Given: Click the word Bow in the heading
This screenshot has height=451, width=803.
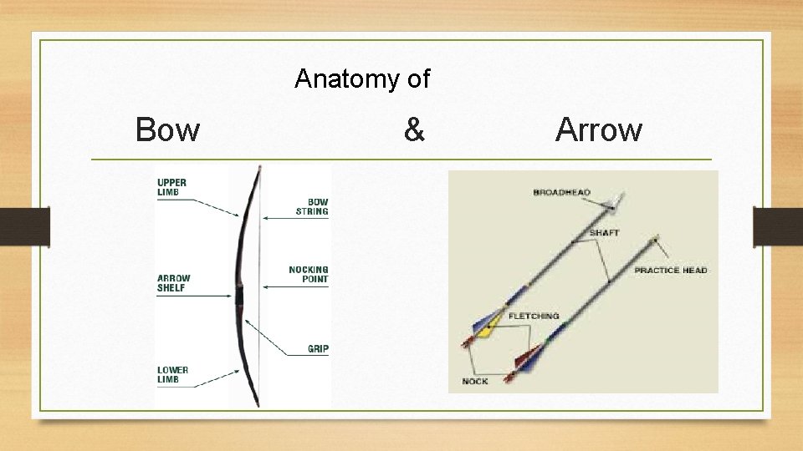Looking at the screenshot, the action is point(167,130).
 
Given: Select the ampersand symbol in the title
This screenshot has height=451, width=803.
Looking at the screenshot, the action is point(413,130).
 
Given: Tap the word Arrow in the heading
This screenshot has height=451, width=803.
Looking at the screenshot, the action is point(598,130).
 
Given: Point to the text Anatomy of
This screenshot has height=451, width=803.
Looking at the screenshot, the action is point(362,79).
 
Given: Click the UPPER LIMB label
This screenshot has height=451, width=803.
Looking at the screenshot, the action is point(172,188).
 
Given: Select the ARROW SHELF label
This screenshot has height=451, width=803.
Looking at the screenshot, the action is point(174,283).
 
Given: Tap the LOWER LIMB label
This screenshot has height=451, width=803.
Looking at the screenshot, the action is point(172,375).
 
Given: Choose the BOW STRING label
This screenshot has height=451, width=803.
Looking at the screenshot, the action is point(312,206).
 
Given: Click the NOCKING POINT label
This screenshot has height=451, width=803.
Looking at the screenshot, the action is point(309,274).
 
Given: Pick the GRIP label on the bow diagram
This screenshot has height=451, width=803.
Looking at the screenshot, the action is point(318,348).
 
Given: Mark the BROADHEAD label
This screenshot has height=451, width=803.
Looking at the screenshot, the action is point(561,193).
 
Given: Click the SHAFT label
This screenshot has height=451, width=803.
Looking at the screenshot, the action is point(604,233).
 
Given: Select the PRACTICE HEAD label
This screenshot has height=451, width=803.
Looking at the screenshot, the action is point(670,271).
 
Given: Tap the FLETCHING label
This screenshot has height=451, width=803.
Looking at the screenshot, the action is point(534,317).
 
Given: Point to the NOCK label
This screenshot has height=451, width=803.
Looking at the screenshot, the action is point(475,382).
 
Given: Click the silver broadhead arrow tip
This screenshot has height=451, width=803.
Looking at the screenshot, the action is point(617,199).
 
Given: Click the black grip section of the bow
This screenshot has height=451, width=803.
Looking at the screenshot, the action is point(239,296).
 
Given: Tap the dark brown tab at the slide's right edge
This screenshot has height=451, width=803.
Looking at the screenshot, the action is point(777,227).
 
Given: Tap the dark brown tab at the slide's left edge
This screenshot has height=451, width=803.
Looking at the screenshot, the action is point(24,227).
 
